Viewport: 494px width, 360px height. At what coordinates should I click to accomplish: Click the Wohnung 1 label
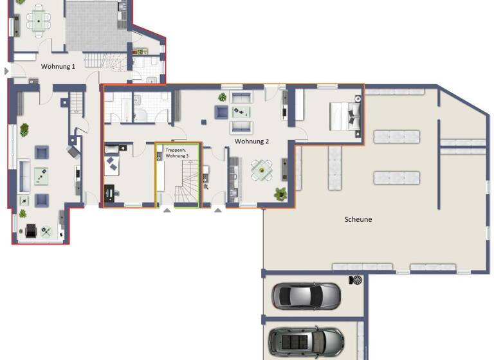[59, 66]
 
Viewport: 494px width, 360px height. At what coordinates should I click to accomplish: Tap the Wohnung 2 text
[252, 141]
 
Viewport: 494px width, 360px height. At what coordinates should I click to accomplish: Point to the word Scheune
[358, 219]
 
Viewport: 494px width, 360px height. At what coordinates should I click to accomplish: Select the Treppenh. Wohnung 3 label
[177, 153]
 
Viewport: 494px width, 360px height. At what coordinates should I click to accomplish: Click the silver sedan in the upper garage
[306, 295]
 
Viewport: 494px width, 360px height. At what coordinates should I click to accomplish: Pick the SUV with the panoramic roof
[306, 341]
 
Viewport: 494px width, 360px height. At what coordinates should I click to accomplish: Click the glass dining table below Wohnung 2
[262, 170]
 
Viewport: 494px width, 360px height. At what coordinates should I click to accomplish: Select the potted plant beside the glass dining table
[280, 193]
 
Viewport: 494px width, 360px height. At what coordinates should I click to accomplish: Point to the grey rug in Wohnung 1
[93, 26]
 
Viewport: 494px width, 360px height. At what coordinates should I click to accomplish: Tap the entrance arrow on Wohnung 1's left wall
[7, 71]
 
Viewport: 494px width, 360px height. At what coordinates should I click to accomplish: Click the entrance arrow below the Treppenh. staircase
[167, 210]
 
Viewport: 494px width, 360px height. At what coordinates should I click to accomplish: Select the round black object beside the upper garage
[356, 280]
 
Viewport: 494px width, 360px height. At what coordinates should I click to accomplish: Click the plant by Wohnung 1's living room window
[24, 130]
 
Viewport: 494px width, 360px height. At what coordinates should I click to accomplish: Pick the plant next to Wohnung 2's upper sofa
[222, 97]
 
